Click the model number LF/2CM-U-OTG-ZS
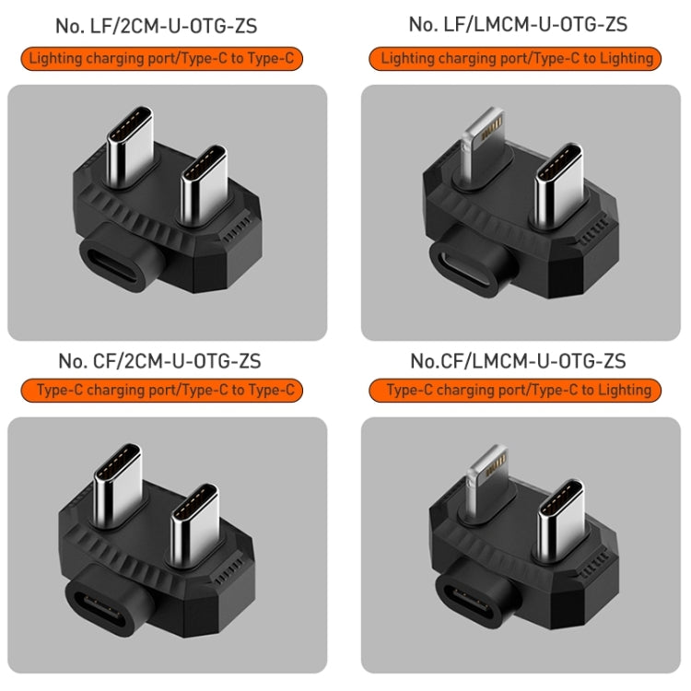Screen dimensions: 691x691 167,26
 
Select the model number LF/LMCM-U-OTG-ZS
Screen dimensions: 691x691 518,25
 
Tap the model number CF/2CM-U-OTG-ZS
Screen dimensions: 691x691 167,359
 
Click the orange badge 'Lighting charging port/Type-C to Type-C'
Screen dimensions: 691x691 167,60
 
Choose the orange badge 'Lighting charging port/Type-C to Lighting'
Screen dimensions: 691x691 517,59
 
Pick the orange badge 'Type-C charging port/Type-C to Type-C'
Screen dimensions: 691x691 167,391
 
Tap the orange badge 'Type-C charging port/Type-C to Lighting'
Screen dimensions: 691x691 517,391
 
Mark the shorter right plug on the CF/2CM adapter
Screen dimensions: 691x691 196,519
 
